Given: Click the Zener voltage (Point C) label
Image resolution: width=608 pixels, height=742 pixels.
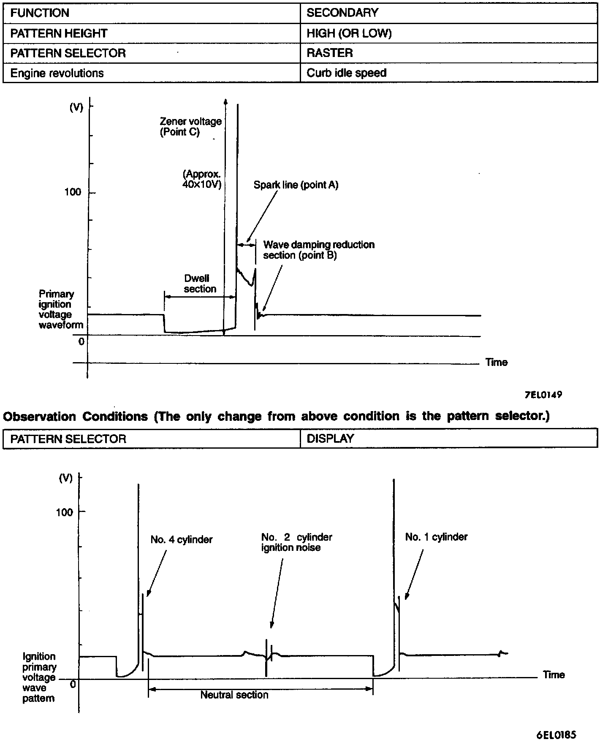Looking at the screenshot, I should point(190,127).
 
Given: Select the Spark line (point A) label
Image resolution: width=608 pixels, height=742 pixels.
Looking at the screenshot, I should point(296,185).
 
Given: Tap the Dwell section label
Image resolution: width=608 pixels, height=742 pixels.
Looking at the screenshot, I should point(199,284).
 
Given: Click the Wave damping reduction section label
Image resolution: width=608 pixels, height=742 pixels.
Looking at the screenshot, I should point(319,250).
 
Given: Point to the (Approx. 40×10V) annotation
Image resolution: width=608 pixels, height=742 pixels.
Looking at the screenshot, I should point(202,179).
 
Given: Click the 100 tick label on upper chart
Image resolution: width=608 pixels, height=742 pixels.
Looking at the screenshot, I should point(73,192).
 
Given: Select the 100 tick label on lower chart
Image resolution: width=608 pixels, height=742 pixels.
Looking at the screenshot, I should point(64,512).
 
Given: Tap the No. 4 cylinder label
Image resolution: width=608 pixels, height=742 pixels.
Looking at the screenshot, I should point(182,539).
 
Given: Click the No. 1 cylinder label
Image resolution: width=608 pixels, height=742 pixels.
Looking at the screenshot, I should point(436,537).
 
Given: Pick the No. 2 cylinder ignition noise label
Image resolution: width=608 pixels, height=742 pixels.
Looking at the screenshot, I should point(296,542).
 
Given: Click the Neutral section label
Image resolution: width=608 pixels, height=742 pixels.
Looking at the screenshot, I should point(234,695).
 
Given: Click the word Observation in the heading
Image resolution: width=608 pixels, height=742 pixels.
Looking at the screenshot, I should point(40,417).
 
